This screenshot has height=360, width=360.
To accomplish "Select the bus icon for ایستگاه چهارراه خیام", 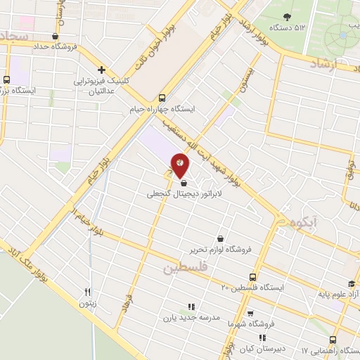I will pyautogui.click(x=162, y=98).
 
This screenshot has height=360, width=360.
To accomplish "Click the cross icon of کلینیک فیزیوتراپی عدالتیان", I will pyautogui.click(x=103, y=70).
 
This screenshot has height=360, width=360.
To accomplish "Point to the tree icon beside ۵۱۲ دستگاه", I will pyautogui.click(x=287, y=16).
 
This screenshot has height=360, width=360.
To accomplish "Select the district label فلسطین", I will pyautogui.click(x=187, y=268).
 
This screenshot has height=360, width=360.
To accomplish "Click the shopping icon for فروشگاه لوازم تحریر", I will pyautogui.click(x=221, y=238).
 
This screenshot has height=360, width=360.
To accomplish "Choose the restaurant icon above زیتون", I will pyautogui.click(x=88, y=292).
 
